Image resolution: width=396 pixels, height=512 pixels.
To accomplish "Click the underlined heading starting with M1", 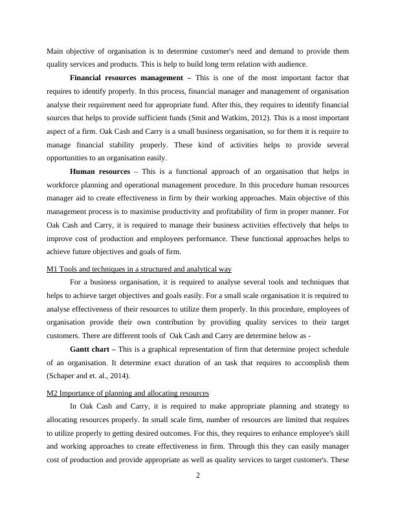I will (139, 268).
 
